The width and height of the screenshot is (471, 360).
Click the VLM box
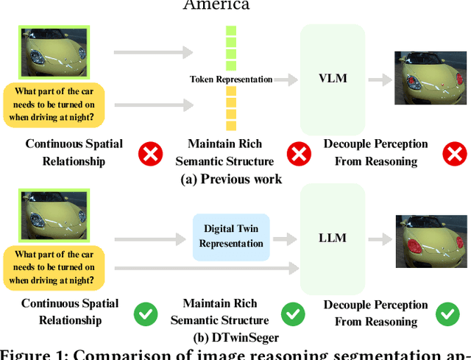tap(333, 79)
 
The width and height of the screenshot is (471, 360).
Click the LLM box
tap(333, 238)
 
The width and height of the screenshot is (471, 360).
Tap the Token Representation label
tap(230, 79)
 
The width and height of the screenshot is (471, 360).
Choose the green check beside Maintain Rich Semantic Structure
tap(294, 314)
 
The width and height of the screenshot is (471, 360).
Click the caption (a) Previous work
tap(231, 179)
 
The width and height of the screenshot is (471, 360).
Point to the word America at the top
tap(216, 5)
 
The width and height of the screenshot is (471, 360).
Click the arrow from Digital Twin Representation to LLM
tap(282, 238)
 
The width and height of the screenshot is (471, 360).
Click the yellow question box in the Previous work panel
tap(54, 105)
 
